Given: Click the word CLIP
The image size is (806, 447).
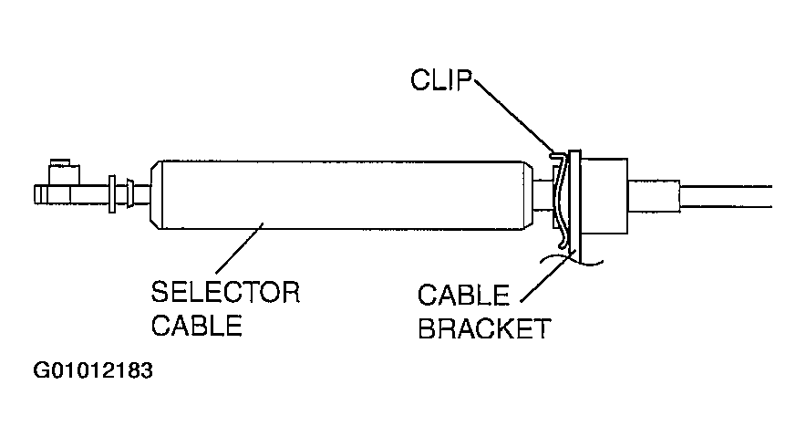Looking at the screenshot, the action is click(x=441, y=80).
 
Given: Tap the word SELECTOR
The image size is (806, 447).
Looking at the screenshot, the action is click(x=225, y=292).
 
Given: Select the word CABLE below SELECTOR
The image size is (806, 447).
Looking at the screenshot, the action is click(x=196, y=326).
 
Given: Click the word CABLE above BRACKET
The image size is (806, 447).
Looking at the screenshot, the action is click(x=463, y=296).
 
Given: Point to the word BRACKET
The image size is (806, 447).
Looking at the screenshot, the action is click(x=484, y=328).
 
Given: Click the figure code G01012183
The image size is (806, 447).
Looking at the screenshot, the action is click(x=93, y=370).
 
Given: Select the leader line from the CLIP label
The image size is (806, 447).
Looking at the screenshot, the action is click(x=514, y=116).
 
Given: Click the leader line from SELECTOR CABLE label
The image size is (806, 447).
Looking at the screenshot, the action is click(x=240, y=248).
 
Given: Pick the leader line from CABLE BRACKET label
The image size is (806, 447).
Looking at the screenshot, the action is click(x=547, y=275).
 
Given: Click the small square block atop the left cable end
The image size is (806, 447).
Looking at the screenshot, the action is click(x=64, y=174).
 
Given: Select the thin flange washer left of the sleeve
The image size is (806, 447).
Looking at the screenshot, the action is click(x=112, y=194).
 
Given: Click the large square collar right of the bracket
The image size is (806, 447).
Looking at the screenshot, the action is click(x=604, y=195).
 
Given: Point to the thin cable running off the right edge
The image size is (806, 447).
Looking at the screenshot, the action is click(x=725, y=196).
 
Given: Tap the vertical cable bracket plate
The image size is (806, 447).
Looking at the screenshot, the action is click(x=574, y=206).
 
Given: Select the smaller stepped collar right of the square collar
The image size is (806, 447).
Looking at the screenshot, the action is click(x=654, y=195).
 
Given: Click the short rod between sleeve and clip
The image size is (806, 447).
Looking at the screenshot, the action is click(x=543, y=194).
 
